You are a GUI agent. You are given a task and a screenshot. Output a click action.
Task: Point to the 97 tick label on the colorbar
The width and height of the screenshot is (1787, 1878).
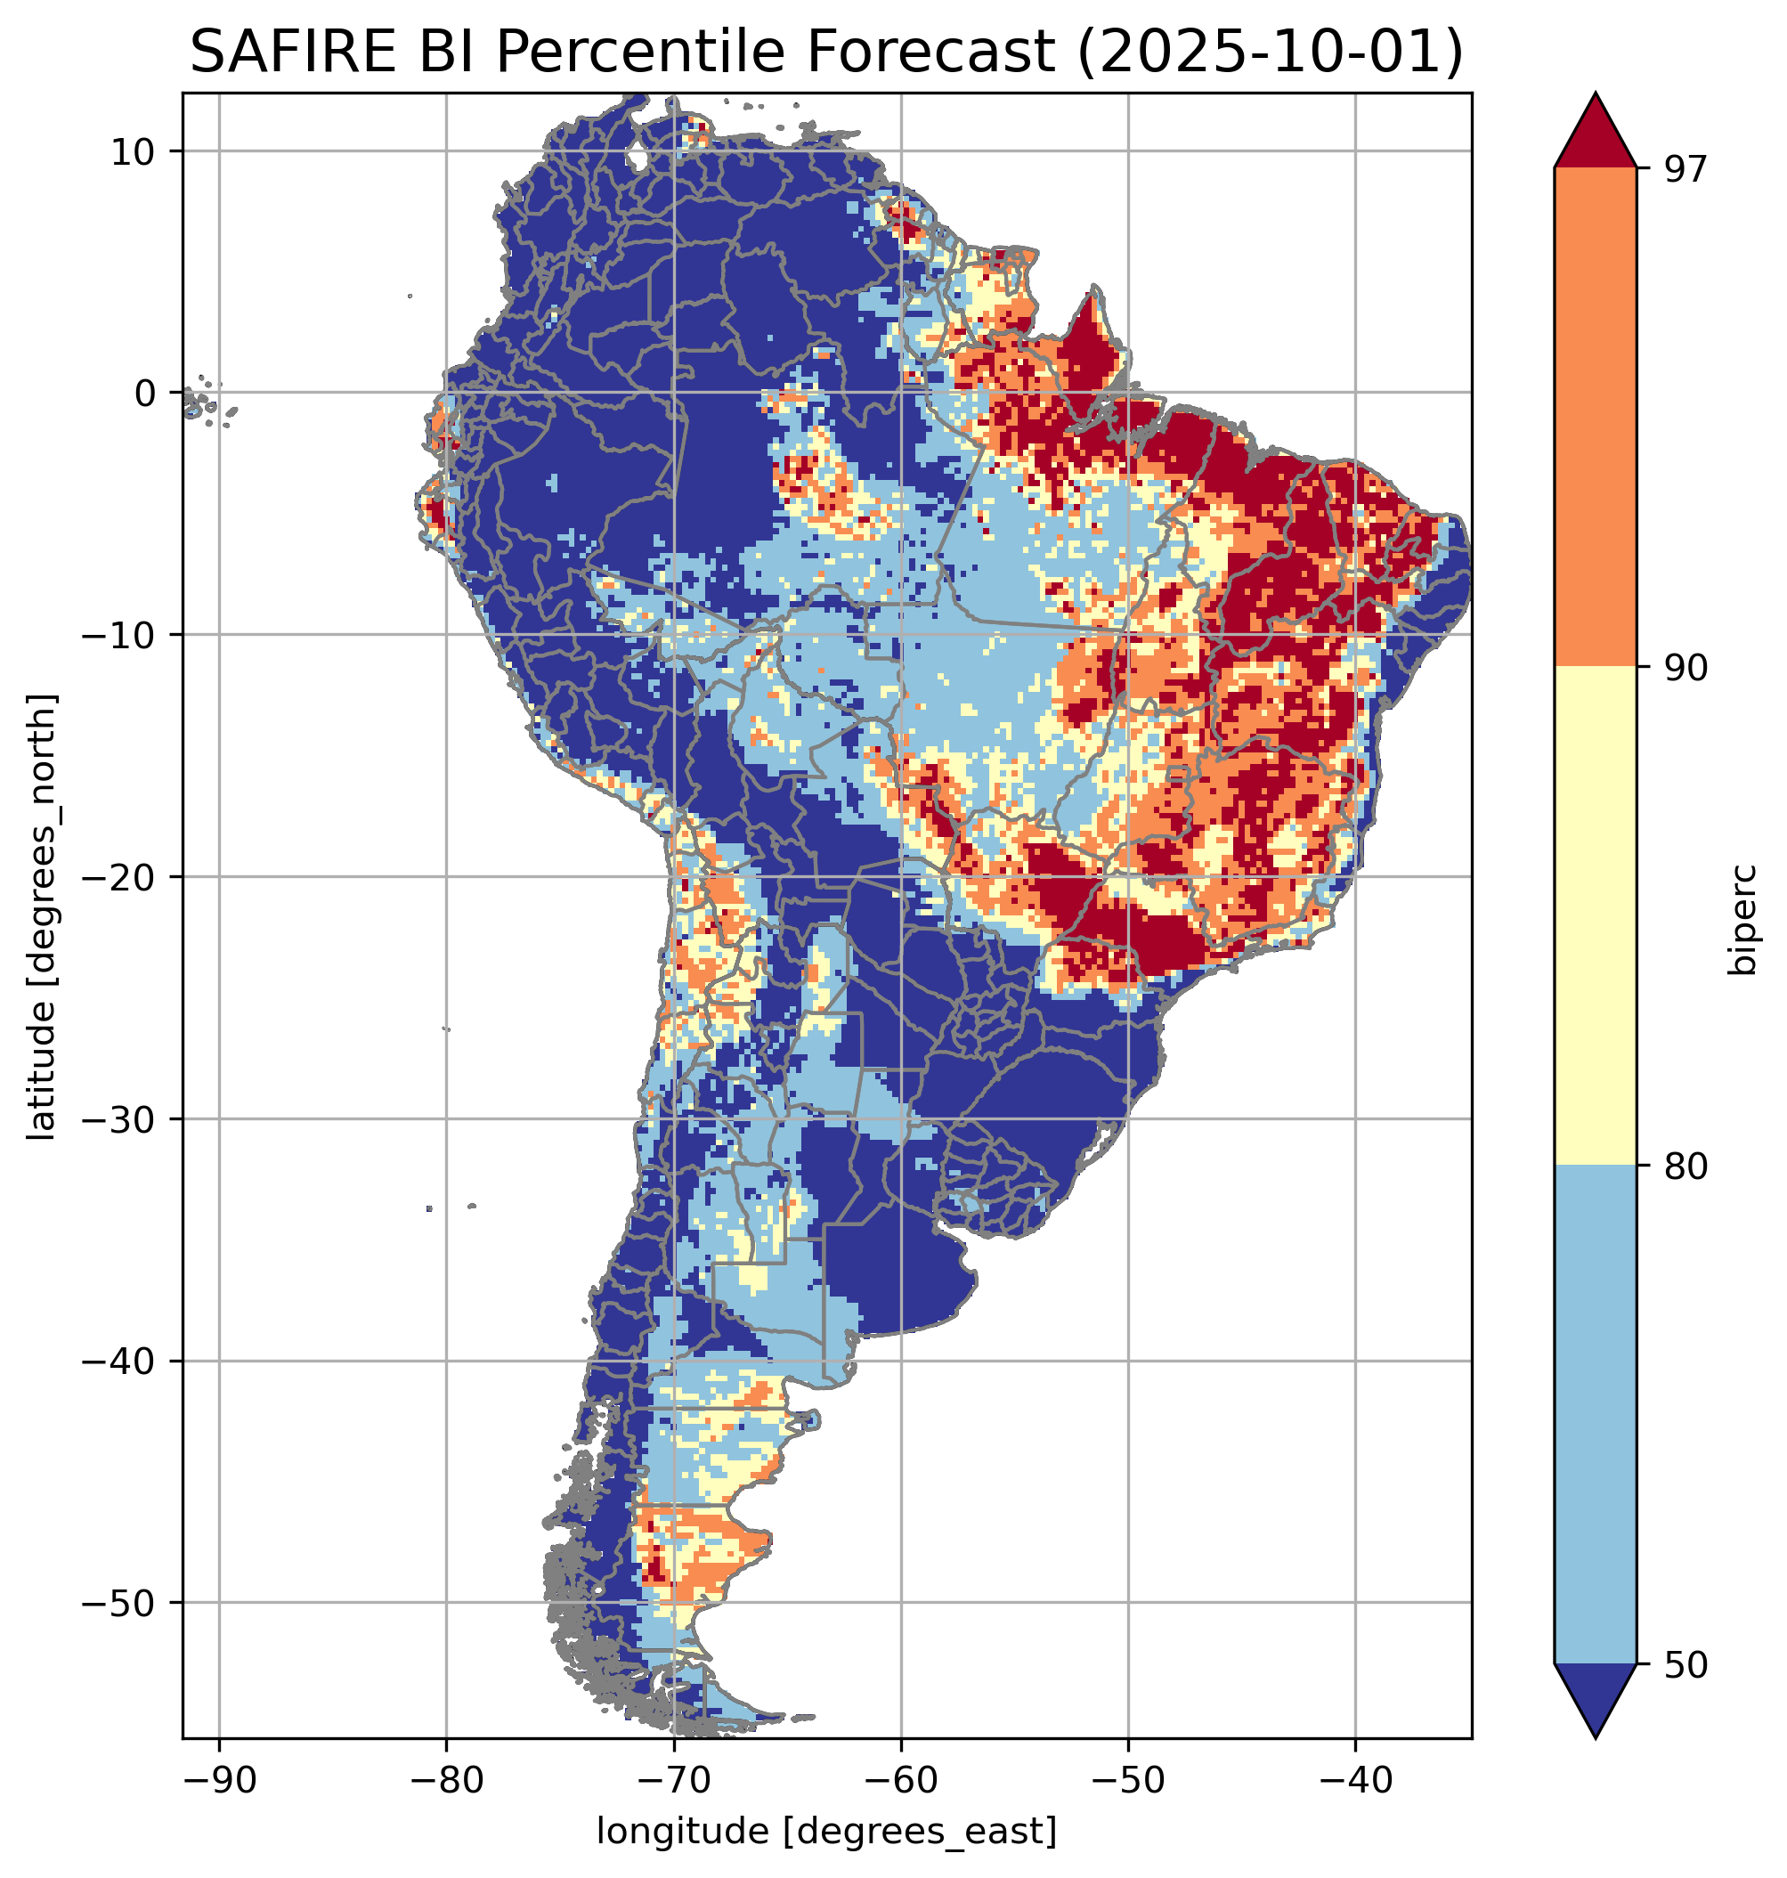click(x=1686, y=168)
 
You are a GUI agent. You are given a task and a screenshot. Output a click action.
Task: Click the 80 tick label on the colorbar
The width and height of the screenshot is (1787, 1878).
click(x=1686, y=1167)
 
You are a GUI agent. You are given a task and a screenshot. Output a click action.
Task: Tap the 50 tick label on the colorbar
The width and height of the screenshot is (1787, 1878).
click(x=1686, y=1665)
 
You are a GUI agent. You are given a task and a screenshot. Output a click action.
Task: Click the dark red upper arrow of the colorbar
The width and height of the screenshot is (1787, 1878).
click(x=1595, y=134)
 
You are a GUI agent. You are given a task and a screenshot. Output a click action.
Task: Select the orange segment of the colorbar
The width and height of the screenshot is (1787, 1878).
click(x=1595, y=418)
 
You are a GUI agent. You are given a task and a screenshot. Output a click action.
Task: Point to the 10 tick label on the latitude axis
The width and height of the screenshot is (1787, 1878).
click(x=134, y=151)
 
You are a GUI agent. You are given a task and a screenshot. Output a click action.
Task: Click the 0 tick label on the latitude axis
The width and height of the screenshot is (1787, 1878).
click(x=145, y=393)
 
